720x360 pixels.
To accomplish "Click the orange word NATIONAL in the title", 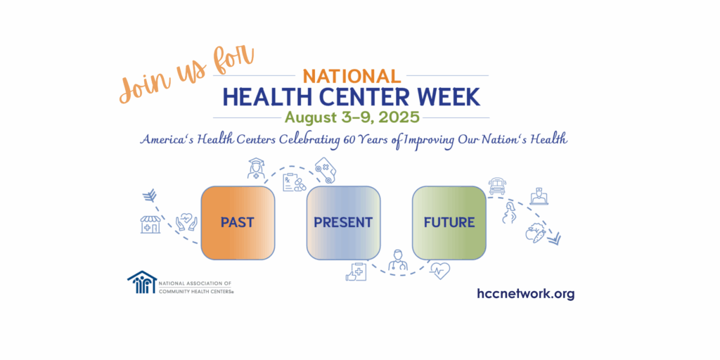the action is (x=352, y=76).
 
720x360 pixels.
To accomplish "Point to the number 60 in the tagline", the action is (x=347, y=139).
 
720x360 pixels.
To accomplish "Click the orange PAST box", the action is (x=238, y=223).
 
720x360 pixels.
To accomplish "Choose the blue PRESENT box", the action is (x=343, y=223).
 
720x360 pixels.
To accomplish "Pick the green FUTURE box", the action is (x=449, y=223).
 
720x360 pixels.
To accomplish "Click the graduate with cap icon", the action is (x=256, y=168).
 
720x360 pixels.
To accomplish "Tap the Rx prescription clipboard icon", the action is (x=293, y=182).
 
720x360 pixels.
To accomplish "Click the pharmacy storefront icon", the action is (x=150, y=224).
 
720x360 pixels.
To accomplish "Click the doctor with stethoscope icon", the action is (x=398, y=260).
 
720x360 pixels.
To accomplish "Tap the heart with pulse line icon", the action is (x=439, y=271).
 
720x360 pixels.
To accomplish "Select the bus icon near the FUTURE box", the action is (x=497, y=186).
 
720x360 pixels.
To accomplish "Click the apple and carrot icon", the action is (x=535, y=233).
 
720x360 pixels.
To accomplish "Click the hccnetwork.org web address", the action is (x=526, y=293).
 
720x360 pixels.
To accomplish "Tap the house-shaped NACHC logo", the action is (x=142, y=282).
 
